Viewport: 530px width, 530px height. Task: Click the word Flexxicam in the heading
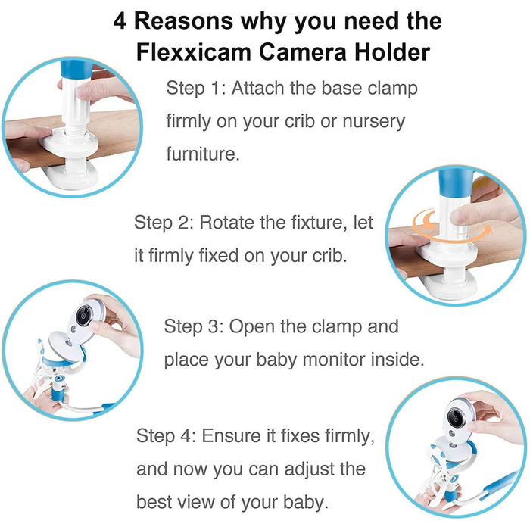click(194, 52)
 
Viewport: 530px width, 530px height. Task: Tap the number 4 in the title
click(120, 21)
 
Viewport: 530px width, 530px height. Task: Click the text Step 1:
click(196, 89)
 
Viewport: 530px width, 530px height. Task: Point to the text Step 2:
click(164, 223)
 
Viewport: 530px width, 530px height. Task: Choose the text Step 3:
click(194, 327)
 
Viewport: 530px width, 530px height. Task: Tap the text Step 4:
click(166, 436)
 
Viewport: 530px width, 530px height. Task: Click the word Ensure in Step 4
click(232, 436)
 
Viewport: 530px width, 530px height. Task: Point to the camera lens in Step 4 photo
click(455, 419)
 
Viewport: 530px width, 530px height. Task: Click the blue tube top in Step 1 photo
click(75, 70)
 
